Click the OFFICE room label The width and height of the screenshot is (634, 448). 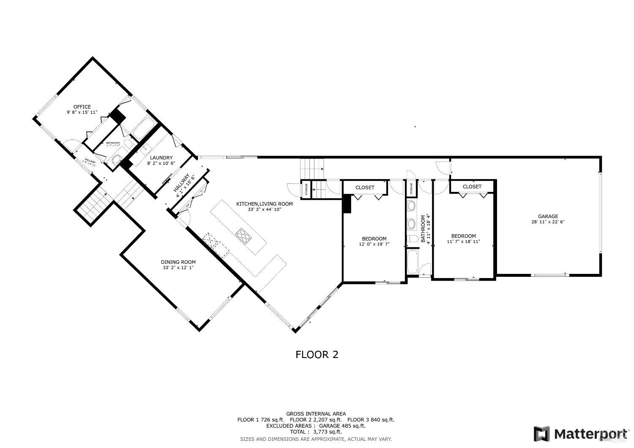coord(82,107)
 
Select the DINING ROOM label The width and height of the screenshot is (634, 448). coord(178,262)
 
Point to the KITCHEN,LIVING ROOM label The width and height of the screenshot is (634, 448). coord(264,204)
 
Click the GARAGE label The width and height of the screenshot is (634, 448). coord(548,216)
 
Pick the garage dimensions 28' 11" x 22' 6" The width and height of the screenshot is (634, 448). coord(548,222)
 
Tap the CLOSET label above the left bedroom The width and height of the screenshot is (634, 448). coord(365,187)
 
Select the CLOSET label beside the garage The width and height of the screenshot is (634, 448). coord(472,186)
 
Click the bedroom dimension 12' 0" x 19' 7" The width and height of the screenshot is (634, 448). coord(374,244)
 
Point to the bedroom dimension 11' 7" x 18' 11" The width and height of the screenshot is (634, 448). coord(463,242)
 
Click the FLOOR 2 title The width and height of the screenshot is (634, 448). coord(317,355)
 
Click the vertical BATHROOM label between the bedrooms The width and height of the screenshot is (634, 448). coord(423,229)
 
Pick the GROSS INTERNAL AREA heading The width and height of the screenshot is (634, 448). coord(316,414)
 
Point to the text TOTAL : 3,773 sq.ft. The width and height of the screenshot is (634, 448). coord(316,432)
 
